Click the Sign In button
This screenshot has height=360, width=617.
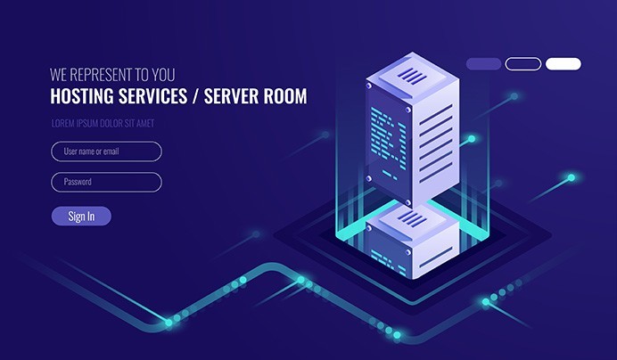pos(81,216)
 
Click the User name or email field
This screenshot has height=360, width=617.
pos(106,151)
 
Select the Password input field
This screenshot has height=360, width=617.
pos(106,182)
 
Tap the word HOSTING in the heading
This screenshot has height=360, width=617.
pos(82,96)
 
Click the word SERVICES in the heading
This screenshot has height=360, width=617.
pos(153,96)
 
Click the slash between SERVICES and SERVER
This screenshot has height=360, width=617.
pos(195,96)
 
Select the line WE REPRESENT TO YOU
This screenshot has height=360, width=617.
pos(112,75)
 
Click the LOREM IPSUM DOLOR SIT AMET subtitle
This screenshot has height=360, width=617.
pos(103,123)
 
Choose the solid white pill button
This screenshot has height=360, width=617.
pos(564,64)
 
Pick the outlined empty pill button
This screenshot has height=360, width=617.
pos(523,64)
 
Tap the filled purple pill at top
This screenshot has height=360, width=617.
pos(483,64)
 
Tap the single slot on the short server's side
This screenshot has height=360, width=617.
pos(436,257)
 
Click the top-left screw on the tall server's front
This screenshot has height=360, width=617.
pos(369,86)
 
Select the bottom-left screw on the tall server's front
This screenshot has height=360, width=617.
pos(369,178)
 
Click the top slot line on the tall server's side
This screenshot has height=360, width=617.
pos(436,114)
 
